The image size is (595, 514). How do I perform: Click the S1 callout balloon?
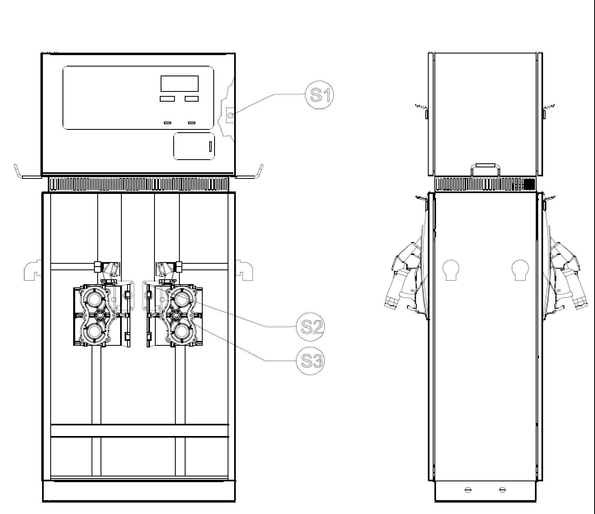(319, 95)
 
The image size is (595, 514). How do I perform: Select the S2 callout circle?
(310, 327)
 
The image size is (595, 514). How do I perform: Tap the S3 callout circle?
(310, 360)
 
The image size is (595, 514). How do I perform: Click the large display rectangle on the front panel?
(179, 83)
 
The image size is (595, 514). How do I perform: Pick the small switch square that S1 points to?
(230, 116)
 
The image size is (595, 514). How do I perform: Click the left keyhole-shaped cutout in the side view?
(451, 270)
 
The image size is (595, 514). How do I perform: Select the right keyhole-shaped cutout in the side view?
(520, 270)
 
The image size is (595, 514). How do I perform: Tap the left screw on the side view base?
(468, 490)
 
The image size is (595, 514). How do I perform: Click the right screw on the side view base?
(503, 490)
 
